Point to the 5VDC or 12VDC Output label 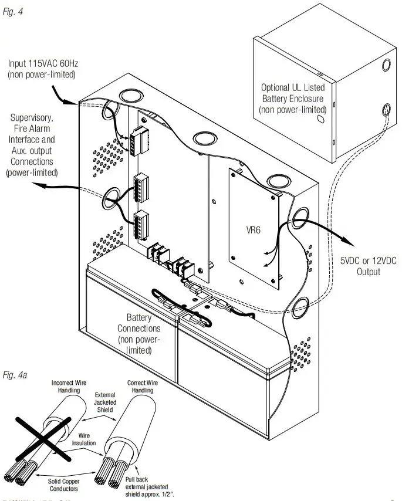(368, 267)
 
